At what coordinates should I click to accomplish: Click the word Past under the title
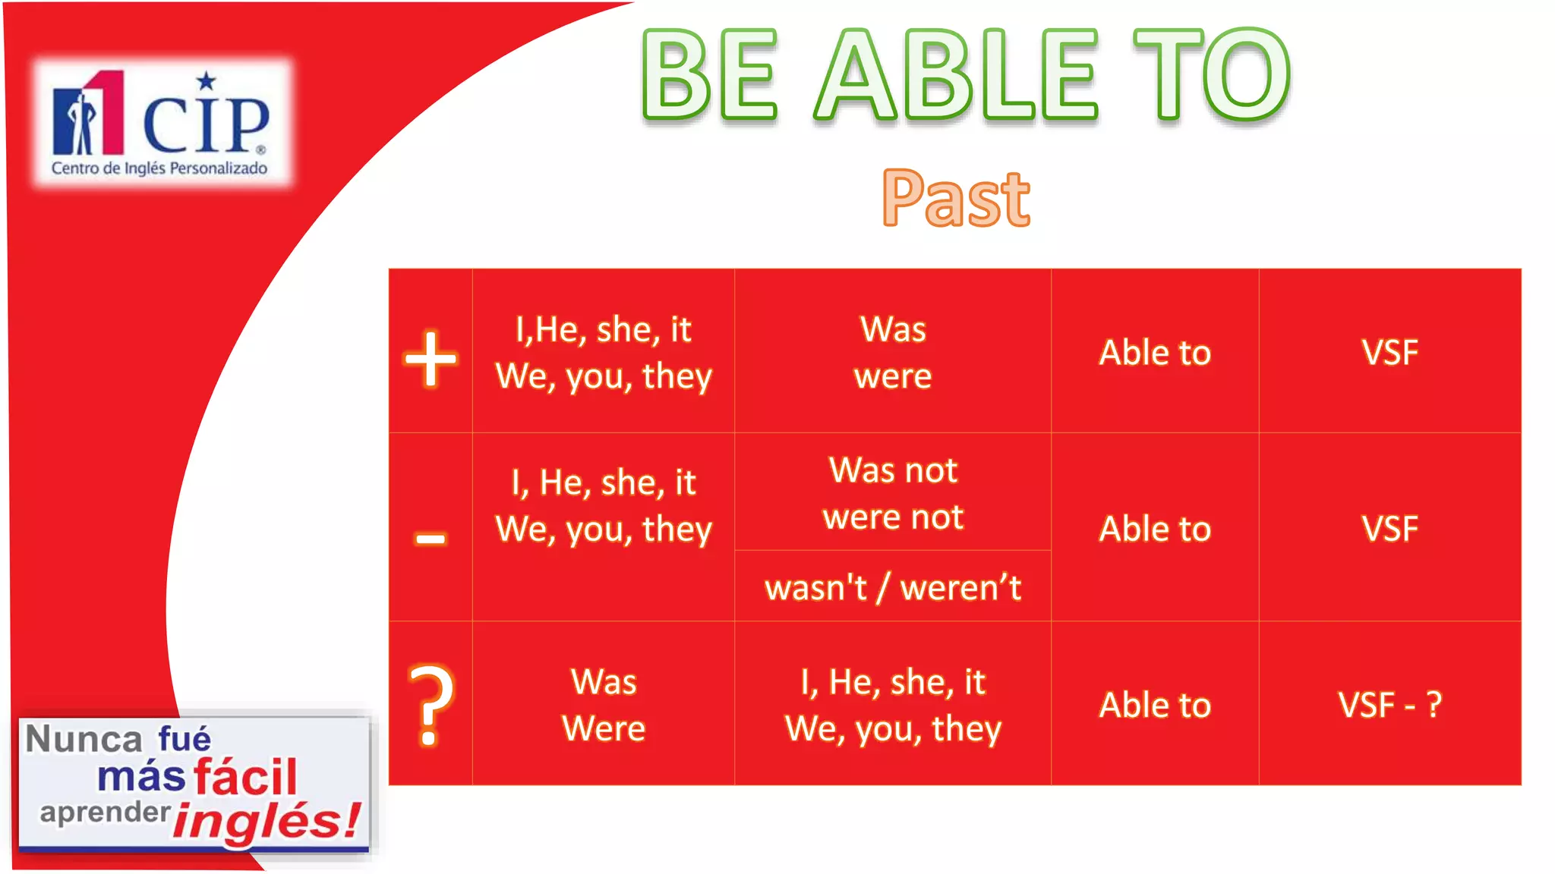point(956,199)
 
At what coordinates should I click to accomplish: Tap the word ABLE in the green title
point(956,76)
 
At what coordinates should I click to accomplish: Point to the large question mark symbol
point(431,704)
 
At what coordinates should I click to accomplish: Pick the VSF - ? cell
point(1389,705)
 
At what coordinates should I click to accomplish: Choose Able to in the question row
point(1154,705)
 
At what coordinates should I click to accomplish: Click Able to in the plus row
point(1154,353)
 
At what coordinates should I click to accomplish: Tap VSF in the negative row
point(1389,529)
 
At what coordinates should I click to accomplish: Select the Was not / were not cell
point(892,493)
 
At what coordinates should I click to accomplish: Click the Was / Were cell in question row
point(604,705)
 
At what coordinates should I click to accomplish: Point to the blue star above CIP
point(206,80)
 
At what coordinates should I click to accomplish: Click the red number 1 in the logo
point(106,112)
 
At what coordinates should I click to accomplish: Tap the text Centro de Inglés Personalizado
point(159,168)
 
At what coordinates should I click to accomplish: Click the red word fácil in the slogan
point(244,777)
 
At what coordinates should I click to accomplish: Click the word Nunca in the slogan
point(84,739)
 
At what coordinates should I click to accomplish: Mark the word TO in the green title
point(1211,76)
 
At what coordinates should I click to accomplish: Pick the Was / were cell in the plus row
point(892,353)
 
